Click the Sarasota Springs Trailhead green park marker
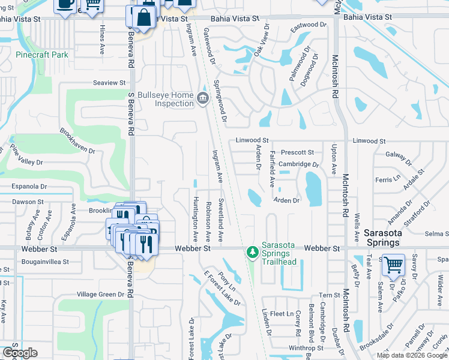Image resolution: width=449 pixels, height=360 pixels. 253,251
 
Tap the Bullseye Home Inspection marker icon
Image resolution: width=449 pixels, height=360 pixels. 203,98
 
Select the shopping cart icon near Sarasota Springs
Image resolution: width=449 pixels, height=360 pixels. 393,264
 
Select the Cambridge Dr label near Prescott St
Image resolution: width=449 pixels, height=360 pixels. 298,164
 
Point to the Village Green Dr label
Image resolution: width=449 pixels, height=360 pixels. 100,295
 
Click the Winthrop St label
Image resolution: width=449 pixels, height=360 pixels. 306,348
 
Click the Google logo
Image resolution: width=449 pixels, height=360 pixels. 20,353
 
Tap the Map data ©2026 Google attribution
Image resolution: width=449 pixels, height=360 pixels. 412,355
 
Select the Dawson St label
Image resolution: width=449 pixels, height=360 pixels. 28,202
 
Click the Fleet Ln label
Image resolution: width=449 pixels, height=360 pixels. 282,314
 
